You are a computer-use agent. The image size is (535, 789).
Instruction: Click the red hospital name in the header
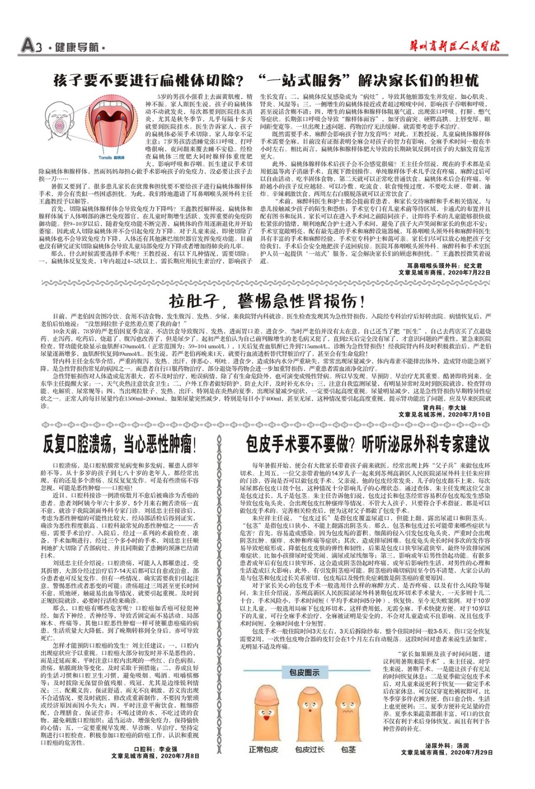tap(454, 46)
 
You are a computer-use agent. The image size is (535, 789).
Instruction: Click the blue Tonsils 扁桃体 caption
tap(111, 158)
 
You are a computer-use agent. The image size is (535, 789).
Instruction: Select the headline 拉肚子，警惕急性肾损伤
tap(267, 300)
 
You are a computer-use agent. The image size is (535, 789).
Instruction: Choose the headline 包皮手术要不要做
tap(368, 444)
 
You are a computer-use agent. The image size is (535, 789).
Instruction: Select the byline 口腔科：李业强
tap(155, 749)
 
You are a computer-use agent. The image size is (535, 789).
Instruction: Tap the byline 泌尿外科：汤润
tap(447, 746)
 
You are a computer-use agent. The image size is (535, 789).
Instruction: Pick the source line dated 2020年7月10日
tap(444, 415)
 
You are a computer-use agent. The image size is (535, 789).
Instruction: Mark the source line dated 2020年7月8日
tap(155, 755)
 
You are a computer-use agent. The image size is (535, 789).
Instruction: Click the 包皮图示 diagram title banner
tap(304, 672)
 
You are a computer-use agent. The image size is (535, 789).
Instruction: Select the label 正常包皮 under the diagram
tap(263, 750)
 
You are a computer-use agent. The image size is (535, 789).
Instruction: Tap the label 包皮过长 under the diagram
tap(310, 750)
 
